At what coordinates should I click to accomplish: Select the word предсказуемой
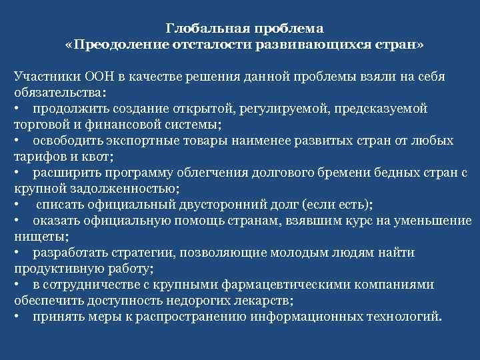(384, 108)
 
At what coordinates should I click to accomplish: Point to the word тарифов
(38, 156)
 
